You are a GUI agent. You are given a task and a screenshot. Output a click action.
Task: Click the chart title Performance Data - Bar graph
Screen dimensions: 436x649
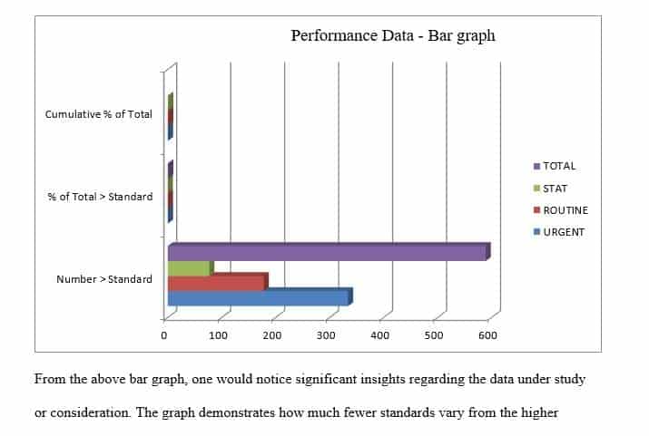392,36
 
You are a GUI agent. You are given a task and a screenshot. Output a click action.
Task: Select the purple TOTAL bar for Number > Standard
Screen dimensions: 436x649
327,253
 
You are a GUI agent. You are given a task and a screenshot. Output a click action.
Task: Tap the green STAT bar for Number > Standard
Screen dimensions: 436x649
188,268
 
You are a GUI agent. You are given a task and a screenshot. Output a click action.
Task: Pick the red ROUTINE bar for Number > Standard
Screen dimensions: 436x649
215,283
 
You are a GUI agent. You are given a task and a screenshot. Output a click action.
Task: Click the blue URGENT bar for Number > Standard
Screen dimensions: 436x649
258,297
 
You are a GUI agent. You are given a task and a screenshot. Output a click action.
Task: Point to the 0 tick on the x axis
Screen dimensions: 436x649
164,335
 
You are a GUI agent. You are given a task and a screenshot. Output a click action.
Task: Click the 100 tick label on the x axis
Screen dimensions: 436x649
218,335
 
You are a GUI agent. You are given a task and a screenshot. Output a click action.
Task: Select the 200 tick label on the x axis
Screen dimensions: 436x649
272,335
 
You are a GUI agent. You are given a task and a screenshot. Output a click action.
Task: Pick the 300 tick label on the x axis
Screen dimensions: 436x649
326,335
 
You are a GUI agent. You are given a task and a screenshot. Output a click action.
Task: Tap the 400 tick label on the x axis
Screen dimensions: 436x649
379,335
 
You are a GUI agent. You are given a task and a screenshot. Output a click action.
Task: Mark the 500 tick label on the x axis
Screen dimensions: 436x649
434,335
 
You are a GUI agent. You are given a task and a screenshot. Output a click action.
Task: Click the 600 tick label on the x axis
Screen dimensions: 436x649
487,335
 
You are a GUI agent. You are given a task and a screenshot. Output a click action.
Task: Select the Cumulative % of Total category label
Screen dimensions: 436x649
99,114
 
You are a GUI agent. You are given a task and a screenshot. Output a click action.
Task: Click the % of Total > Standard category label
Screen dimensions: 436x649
100,197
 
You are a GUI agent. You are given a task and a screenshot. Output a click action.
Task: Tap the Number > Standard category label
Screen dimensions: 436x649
104,279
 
